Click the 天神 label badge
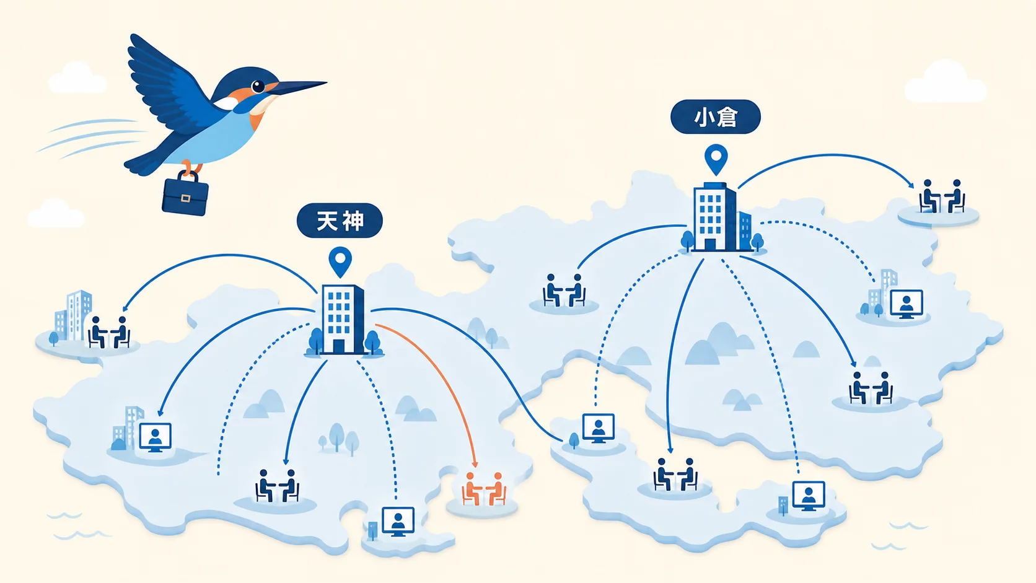tap(340, 221)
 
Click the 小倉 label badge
tap(716, 117)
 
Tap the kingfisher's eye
tap(258, 86)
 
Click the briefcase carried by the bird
tap(185, 195)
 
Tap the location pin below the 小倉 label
tap(716, 159)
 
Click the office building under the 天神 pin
tap(342, 320)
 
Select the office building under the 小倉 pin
tap(715, 217)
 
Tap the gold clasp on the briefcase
tap(185, 198)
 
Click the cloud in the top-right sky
tap(946, 82)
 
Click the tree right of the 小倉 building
tap(757, 242)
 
